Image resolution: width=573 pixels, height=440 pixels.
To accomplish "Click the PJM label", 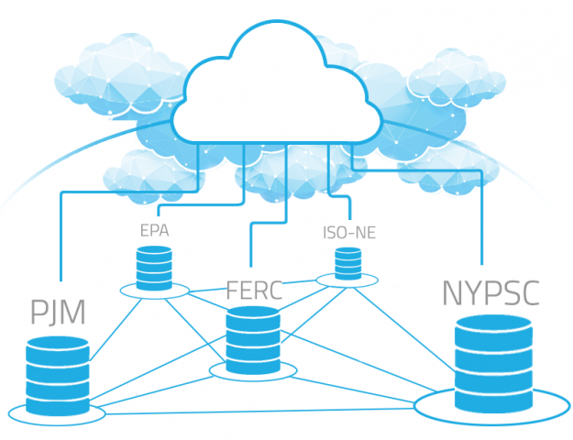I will pos(57,312).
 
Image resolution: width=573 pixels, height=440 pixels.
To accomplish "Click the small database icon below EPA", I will pos(154,266).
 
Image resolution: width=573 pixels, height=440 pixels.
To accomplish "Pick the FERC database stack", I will pos(252,338).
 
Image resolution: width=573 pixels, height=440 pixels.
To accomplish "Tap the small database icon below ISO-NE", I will pos(347,263).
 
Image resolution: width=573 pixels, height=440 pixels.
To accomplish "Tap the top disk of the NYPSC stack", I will pos(492,328).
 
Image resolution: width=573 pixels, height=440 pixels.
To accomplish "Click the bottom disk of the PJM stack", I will pos(57,399).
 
